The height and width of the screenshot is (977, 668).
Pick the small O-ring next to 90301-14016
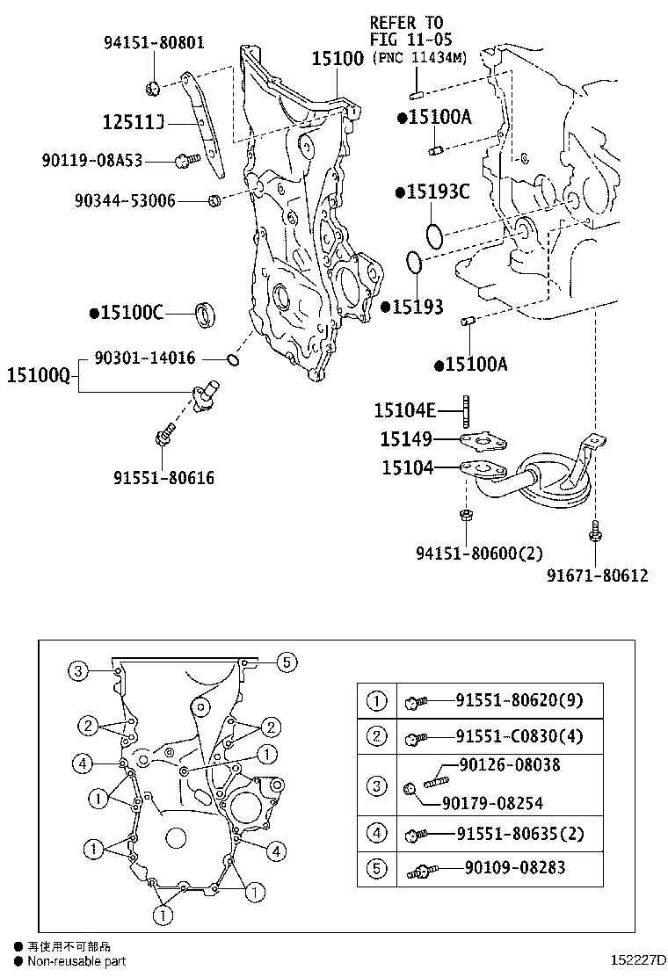click(x=232, y=358)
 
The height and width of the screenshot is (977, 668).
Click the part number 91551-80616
click(x=163, y=479)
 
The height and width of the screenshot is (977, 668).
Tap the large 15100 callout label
click(x=337, y=59)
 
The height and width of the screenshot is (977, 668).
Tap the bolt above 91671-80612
click(x=596, y=532)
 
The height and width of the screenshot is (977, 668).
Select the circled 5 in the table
click(x=376, y=869)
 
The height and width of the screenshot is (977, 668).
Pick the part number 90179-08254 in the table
click(x=492, y=802)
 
